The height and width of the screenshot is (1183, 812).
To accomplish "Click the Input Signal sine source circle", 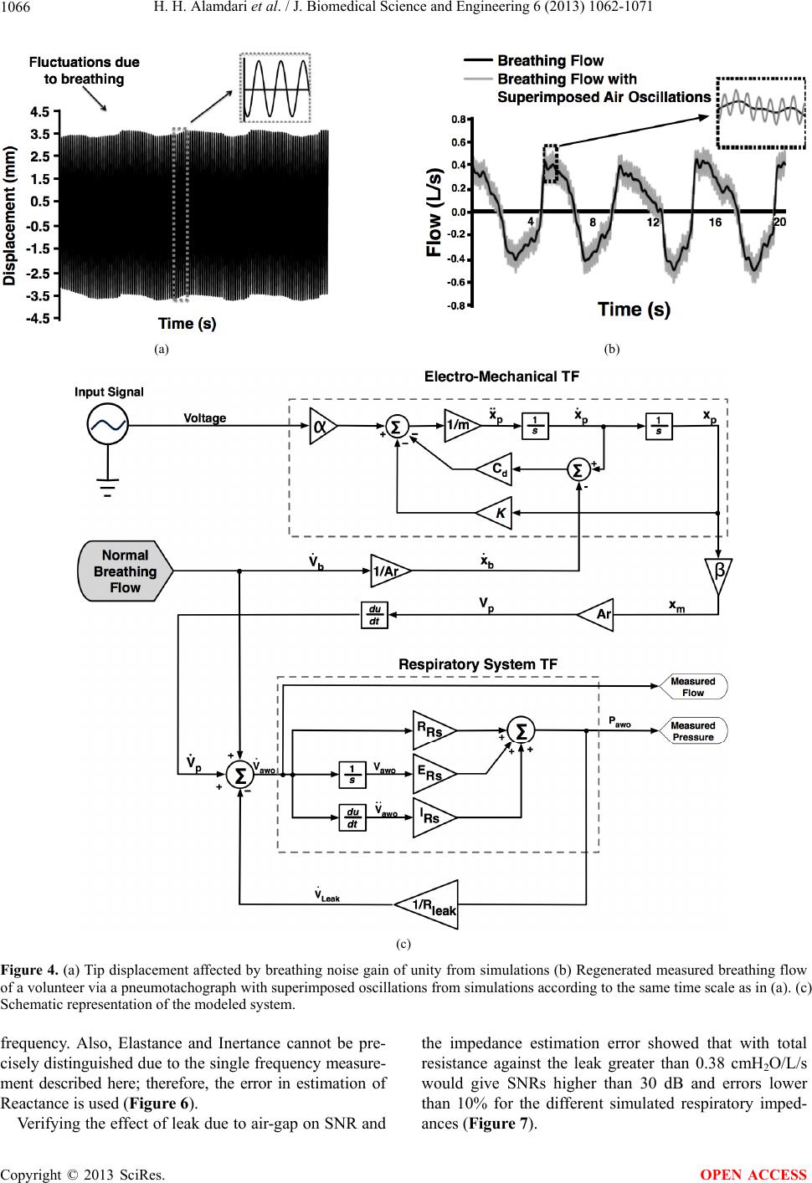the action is click(x=107, y=425).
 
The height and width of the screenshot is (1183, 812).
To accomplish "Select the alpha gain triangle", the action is click(x=322, y=426).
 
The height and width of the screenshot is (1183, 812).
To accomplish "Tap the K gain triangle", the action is click(x=495, y=512).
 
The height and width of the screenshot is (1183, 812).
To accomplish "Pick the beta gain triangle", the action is click(x=718, y=574).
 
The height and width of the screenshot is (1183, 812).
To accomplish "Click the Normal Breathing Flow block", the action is click(x=126, y=571).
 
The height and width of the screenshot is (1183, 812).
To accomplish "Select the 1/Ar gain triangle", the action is click(x=390, y=571).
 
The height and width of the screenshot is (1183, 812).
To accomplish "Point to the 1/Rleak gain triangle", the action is click(x=428, y=904).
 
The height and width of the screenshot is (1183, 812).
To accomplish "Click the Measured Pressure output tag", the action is click(x=692, y=731).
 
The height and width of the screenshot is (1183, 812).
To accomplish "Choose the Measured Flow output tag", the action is click(x=692, y=687).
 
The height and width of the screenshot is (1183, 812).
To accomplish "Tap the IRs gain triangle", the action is click(x=434, y=817).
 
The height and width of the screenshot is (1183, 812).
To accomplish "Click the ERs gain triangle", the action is click(x=434, y=774).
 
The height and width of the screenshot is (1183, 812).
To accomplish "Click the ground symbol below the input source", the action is click(x=107, y=487).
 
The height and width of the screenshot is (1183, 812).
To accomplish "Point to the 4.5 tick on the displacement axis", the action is click(x=41, y=112).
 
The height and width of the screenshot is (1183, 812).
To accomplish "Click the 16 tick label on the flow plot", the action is click(x=715, y=223).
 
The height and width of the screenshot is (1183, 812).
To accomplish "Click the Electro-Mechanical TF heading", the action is click(x=501, y=376).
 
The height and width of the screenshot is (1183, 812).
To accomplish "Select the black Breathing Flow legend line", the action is click(x=478, y=61).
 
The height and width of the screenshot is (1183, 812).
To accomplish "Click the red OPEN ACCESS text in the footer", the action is click(x=753, y=1174).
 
